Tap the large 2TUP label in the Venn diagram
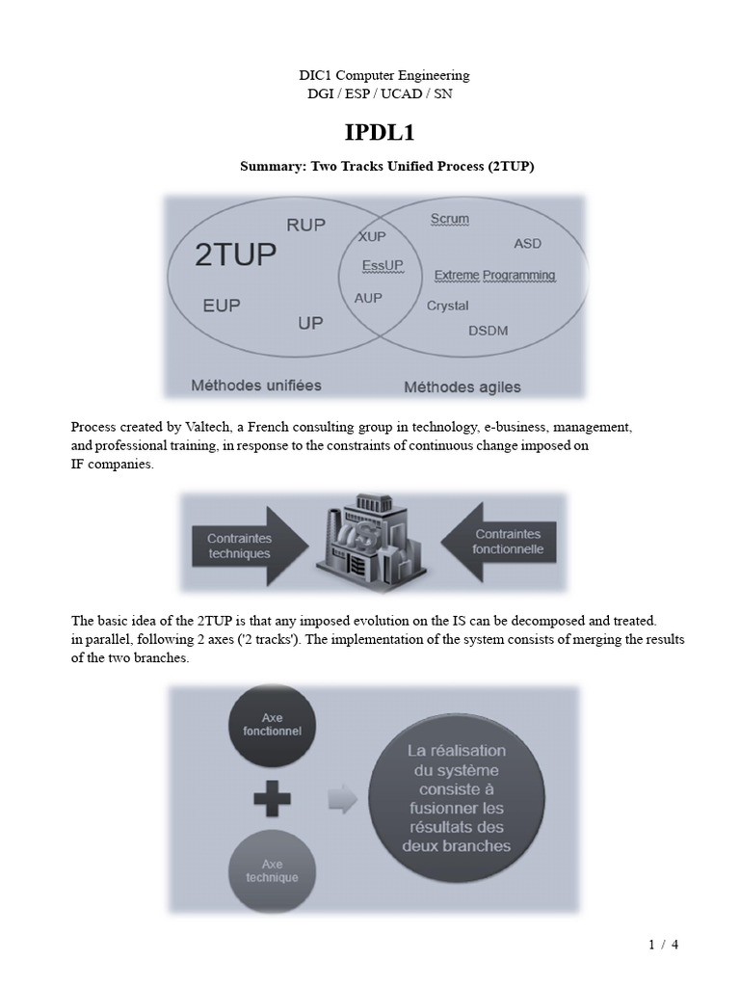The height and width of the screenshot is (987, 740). pyautogui.click(x=235, y=255)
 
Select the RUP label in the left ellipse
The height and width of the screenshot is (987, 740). pyautogui.click(x=306, y=225)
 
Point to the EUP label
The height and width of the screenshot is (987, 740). pyautogui.click(x=222, y=306)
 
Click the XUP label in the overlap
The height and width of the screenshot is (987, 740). pyautogui.click(x=373, y=236)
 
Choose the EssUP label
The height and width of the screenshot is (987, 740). pyautogui.click(x=383, y=264)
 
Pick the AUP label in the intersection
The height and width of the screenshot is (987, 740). pyautogui.click(x=368, y=298)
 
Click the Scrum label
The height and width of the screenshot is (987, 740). pyautogui.click(x=449, y=219)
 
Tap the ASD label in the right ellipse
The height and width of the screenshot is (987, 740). pyautogui.click(x=528, y=244)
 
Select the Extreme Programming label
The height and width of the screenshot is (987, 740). pyautogui.click(x=494, y=276)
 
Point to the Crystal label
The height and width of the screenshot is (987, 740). pyautogui.click(x=447, y=306)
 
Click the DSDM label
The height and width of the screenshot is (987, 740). pyautogui.click(x=488, y=331)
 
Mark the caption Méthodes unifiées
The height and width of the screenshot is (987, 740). pyautogui.click(x=256, y=386)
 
